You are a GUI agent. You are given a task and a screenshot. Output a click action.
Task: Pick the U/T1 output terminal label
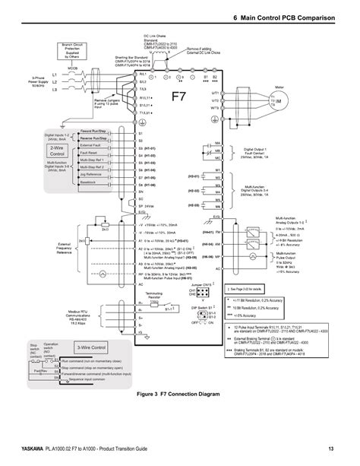(216, 92)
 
